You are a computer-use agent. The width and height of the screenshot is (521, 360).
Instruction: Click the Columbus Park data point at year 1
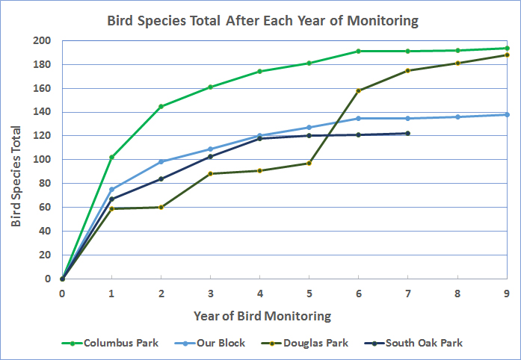tap(111, 157)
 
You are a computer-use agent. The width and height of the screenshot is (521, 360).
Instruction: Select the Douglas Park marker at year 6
tap(359, 91)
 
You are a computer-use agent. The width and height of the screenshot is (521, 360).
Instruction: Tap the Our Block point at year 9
tap(507, 114)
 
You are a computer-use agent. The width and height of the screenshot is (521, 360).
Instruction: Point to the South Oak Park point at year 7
tap(407, 133)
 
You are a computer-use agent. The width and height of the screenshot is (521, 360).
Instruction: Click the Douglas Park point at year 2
tap(161, 207)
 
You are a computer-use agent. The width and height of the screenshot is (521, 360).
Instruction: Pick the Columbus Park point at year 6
tap(359, 51)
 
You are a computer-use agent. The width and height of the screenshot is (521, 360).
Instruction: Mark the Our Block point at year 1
tap(111, 189)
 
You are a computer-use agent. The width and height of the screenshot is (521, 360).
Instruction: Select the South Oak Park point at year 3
tap(210, 157)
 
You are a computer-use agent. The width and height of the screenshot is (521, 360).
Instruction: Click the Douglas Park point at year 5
tap(309, 163)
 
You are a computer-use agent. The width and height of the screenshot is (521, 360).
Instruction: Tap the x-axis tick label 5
tap(309, 293)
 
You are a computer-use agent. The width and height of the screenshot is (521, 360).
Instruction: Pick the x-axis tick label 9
tap(507, 293)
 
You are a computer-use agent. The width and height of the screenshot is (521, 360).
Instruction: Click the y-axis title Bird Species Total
tap(16, 159)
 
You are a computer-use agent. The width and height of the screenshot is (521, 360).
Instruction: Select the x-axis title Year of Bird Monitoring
tap(262, 315)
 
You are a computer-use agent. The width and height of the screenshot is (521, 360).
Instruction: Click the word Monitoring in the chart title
tap(379, 20)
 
